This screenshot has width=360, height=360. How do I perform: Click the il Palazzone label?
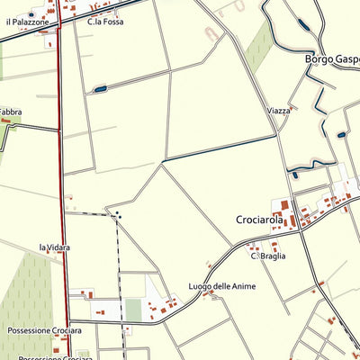coord(27,21)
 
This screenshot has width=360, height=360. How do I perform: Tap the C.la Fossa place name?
coord(105,21)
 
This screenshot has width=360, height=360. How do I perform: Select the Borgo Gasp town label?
coord(332,59)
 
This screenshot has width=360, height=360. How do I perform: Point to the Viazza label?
coord(279,111)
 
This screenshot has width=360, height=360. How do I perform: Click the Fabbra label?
coord(10,112)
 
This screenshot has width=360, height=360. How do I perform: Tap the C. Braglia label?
coord(268,256)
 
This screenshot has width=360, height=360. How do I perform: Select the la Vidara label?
coord(54,247)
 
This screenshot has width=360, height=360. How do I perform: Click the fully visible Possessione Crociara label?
coord(44,330)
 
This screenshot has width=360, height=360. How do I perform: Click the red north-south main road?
coord(63,180)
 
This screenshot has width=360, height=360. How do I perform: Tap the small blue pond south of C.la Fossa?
coord(100,88)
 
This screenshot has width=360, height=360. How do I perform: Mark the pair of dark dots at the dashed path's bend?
coord(117,214)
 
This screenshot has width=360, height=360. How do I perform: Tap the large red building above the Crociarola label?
coord(285,205)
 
